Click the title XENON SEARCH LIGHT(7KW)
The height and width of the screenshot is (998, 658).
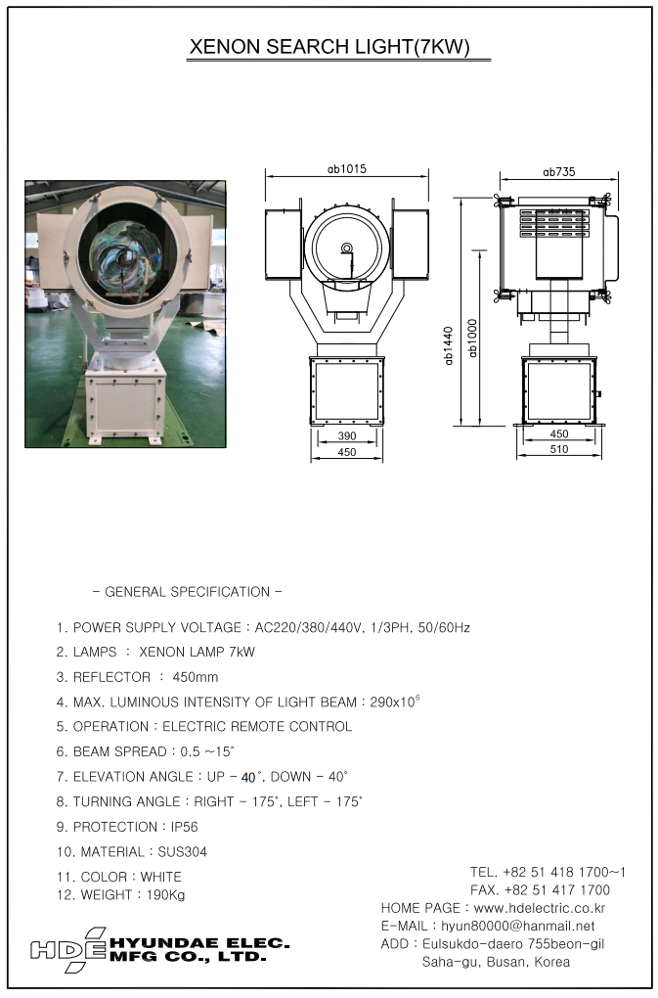click(329, 46)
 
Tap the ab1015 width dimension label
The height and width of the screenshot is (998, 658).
click(347, 169)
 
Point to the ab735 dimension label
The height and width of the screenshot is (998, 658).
click(559, 172)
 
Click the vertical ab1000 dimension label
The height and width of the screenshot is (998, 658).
click(473, 338)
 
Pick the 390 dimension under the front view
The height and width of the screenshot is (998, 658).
click(347, 434)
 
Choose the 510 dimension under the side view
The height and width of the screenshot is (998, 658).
click(559, 450)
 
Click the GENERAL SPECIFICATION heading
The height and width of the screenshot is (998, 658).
click(187, 592)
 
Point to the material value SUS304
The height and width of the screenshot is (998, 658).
click(179, 852)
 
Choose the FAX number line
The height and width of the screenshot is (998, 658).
click(540, 890)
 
